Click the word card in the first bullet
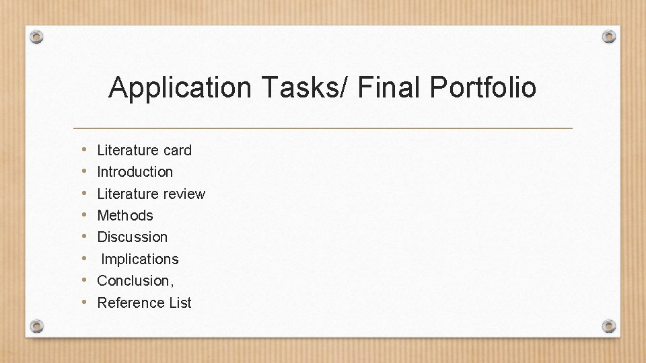pyautogui.click(x=177, y=150)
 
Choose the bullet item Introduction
pyautogui.click(x=135, y=172)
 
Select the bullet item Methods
pyautogui.click(x=125, y=216)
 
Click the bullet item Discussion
pyautogui.click(x=133, y=237)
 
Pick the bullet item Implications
pyautogui.click(x=140, y=259)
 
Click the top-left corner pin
pyautogui.click(x=37, y=37)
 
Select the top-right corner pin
pyautogui.click(x=609, y=36)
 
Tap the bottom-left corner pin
pyautogui.click(x=37, y=326)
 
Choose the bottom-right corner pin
pyautogui.click(x=609, y=326)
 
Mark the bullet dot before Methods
pyautogui.click(x=81, y=215)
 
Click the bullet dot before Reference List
pyautogui.click(x=81, y=302)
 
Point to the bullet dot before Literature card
pyautogui.click(x=81, y=149)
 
